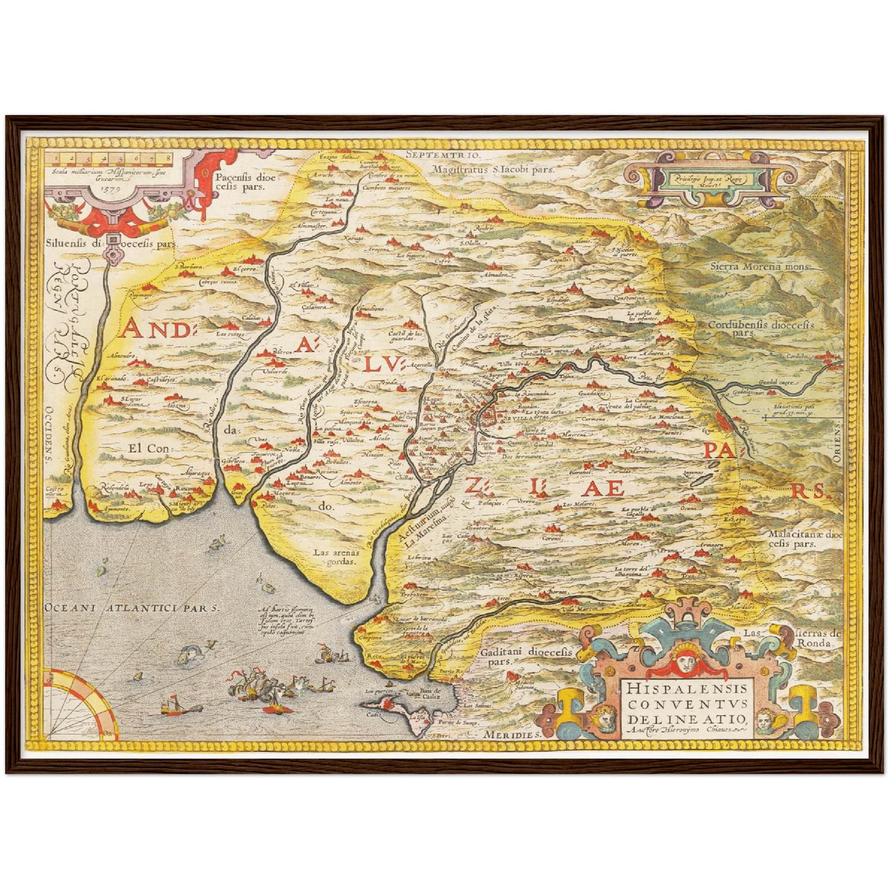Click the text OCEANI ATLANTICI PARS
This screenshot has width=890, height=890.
(131, 607)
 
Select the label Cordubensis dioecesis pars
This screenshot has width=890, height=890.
(761, 328)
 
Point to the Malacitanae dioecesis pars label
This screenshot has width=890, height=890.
(804, 539)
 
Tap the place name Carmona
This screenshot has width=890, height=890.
(593, 419)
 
